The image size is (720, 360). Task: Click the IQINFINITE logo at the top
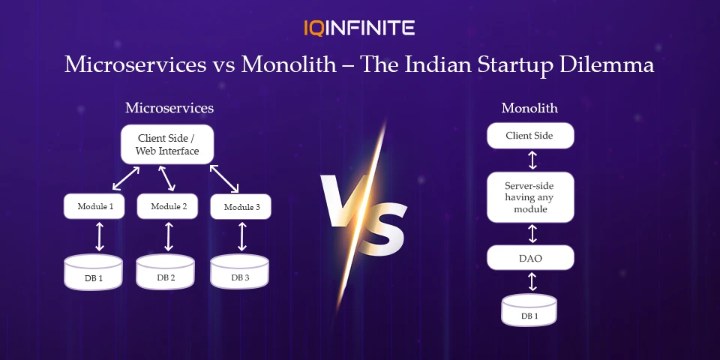click(x=359, y=28)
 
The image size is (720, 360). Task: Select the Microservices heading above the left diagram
click(x=169, y=108)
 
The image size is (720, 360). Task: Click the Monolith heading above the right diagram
click(x=529, y=108)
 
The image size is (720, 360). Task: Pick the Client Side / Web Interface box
click(x=167, y=144)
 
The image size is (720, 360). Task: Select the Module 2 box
click(x=169, y=206)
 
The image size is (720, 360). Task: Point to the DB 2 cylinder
click(x=166, y=272)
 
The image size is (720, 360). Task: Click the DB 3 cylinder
click(x=239, y=272)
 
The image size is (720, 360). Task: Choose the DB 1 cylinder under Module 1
click(x=94, y=272)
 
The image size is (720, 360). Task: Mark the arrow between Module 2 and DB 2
click(x=169, y=236)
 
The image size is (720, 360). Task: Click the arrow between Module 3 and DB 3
click(x=241, y=236)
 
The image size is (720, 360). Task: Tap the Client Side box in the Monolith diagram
click(x=530, y=136)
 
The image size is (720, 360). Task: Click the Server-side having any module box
click(x=530, y=197)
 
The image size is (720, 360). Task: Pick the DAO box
click(x=530, y=257)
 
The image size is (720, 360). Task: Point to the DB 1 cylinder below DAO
click(x=529, y=310)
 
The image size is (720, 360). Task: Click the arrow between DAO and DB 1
click(x=531, y=282)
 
